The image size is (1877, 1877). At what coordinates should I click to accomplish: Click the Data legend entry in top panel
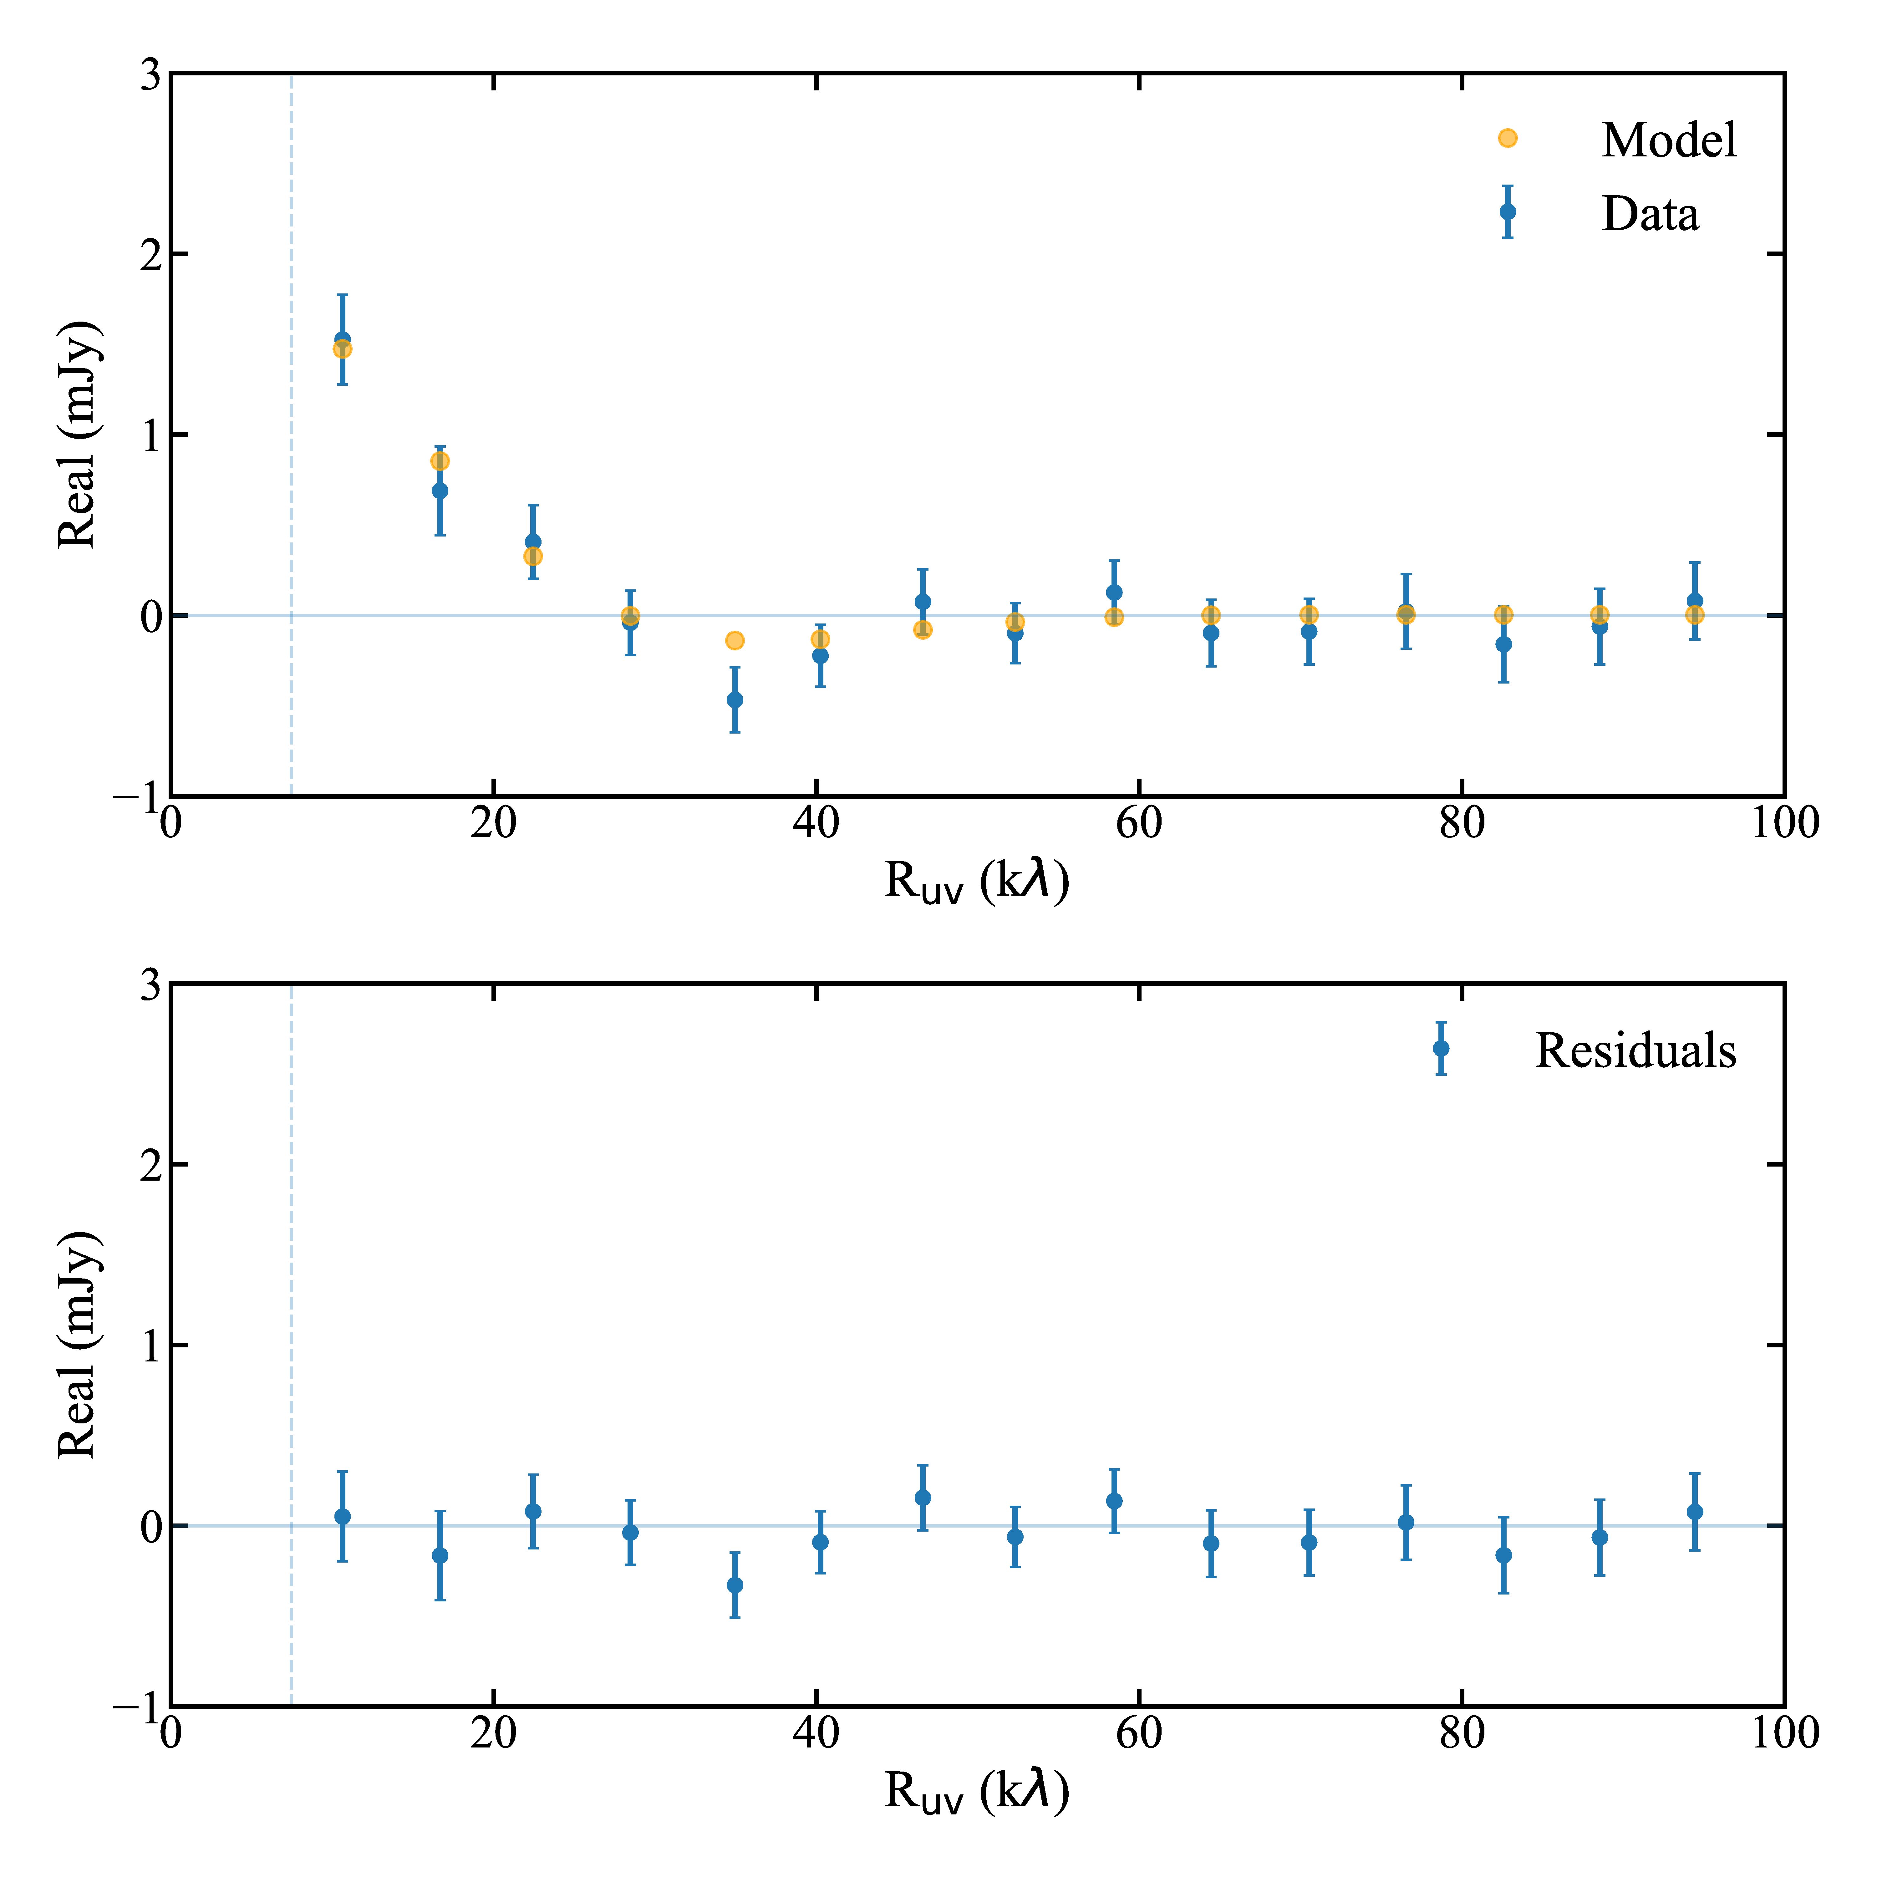pos(1650,214)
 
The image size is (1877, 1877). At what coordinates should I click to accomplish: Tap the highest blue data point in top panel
pos(342,339)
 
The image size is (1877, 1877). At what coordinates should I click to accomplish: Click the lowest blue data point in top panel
pos(735,699)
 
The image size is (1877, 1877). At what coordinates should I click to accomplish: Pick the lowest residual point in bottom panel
pos(735,1585)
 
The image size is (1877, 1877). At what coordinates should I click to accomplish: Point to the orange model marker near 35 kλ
pos(735,640)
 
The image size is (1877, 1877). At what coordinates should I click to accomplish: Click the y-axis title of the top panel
pos(78,434)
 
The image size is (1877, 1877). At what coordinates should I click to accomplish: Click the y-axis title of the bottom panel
pos(78,1345)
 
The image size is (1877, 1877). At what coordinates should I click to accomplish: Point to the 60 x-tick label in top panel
pos(1139,824)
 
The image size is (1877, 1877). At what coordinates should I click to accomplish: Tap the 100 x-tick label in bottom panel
pos(1784,1734)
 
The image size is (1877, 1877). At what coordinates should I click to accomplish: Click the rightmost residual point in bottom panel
pos(1694,1512)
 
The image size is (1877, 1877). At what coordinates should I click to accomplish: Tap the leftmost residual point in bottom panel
pos(342,1517)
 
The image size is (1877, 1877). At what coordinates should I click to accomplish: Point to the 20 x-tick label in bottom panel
pos(494,1734)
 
